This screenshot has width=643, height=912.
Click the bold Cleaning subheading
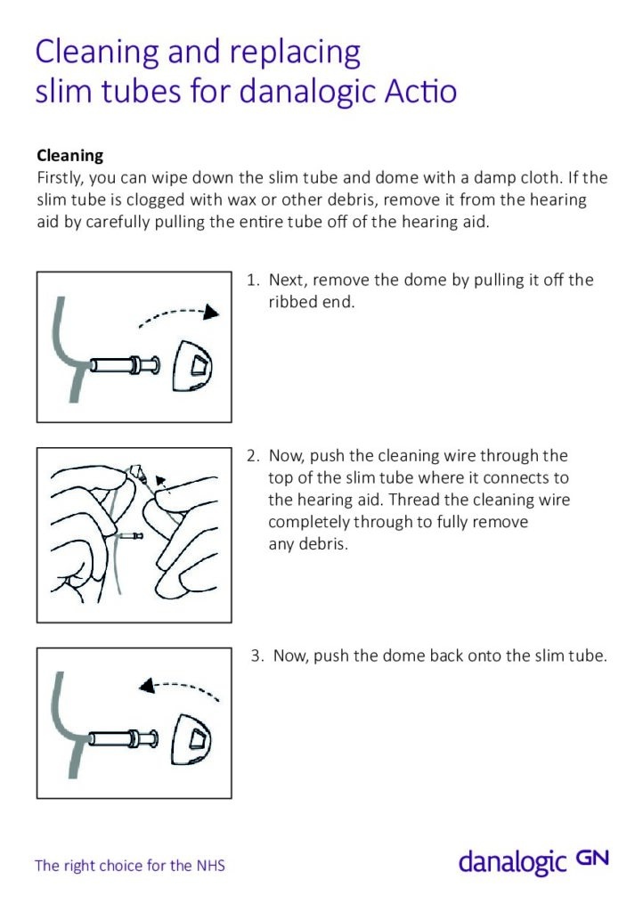pyautogui.click(x=69, y=156)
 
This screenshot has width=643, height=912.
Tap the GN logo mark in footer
pyautogui.click(x=592, y=858)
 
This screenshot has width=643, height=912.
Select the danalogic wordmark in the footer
pyautogui.click(x=513, y=862)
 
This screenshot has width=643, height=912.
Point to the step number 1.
pyautogui.click(x=253, y=281)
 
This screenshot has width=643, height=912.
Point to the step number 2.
pyautogui.click(x=253, y=456)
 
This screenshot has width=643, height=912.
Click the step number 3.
pyautogui.click(x=256, y=656)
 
